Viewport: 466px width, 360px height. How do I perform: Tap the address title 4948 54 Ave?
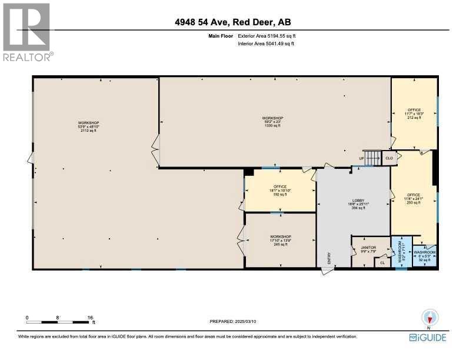pyautogui.click(x=233, y=23)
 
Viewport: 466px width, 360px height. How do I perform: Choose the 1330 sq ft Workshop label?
pyautogui.click(x=272, y=122)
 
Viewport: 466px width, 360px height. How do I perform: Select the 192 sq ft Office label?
pyautogui.click(x=279, y=191)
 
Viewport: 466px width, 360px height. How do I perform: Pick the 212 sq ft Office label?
pyautogui.click(x=414, y=114)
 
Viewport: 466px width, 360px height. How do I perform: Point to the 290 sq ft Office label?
pyautogui.click(x=413, y=198)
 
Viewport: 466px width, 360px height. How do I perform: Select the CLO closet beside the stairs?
pyautogui.click(x=389, y=158)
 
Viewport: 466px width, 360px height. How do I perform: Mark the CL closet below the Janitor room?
pyautogui.click(x=382, y=262)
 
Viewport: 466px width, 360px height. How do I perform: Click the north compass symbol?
pyautogui.click(x=429, y=318)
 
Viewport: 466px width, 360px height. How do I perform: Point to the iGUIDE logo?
pyautogui.click(x=427, y=337)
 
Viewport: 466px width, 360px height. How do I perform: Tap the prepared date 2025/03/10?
pyautogui.click(x=233, y=321)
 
